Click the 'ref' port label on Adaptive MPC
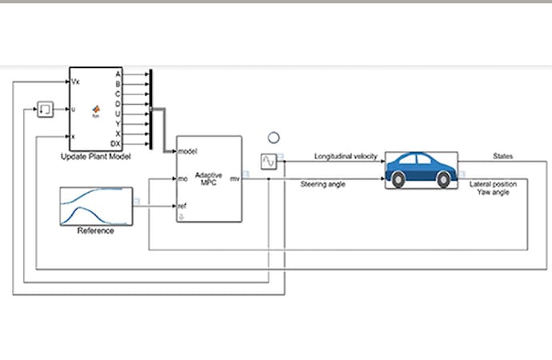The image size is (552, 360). pos(182,206)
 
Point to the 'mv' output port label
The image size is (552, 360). pos(234,178)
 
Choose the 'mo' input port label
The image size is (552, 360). pos(182,178)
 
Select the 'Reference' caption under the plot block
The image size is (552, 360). pos(95,231)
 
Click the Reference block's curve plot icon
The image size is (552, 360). pos(95,206)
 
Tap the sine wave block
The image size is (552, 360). pos(269,162)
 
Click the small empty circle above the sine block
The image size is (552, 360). pos(274,138)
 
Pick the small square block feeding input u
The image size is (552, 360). pos(46,109)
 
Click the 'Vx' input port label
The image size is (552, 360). pos(76,82)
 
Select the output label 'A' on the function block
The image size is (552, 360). pos(118,74)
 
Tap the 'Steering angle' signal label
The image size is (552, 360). pos(322,185)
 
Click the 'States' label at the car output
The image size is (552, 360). pos(503,157)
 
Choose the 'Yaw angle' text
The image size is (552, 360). pos(494,193)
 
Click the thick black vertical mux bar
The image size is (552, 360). pos(150,109)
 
